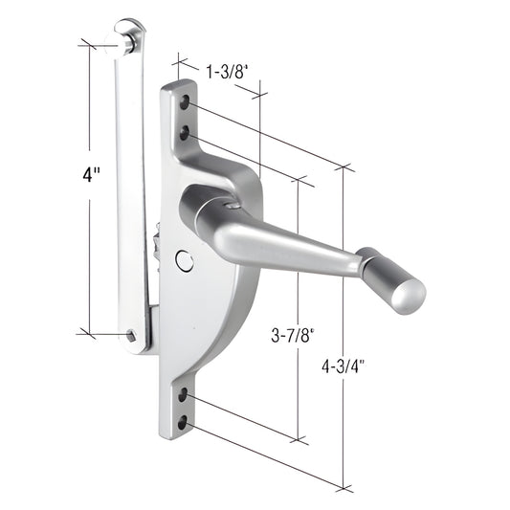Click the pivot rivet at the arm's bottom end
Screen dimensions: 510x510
pos(132,335)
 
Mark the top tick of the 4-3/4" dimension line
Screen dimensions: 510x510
pos(343,165)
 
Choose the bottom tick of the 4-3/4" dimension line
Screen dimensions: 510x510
pos(343,487)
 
